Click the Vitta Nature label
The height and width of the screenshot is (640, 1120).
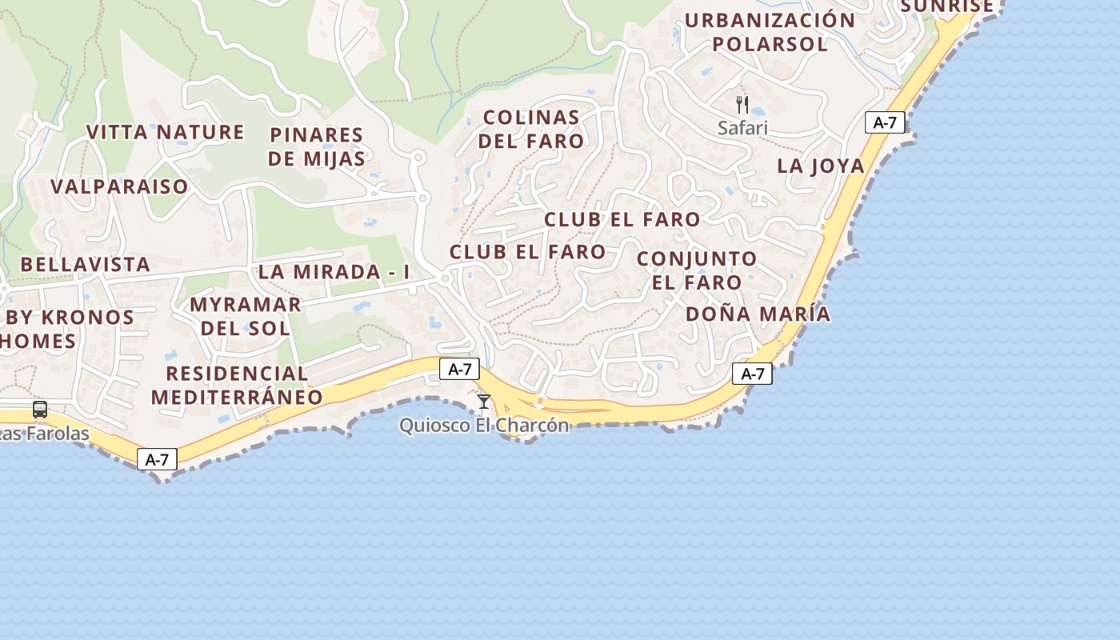click(165, 132)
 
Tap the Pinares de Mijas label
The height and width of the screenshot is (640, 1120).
click(317, 146)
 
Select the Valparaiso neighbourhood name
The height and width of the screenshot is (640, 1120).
click(119, 186)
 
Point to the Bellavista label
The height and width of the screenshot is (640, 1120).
click(85, 264)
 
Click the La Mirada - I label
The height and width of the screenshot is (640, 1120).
click(334, 271)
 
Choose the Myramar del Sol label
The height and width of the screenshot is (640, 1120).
click(245, 316)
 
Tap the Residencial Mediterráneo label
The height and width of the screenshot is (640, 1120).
click(237, 385)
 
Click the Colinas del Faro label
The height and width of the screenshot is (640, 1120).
click(531, 129)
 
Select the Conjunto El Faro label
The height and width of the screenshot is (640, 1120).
click(697, 270)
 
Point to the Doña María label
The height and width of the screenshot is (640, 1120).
click(758, 314)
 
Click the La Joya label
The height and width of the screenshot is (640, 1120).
click(821, 166)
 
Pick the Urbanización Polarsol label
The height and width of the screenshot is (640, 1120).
click(770, 32)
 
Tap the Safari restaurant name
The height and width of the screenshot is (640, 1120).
click(742, 128)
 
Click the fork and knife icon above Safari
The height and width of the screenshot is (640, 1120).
click(742, 104)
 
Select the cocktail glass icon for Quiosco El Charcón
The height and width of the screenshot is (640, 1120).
click(483, 402)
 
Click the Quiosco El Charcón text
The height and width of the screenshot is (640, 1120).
click(484, 425)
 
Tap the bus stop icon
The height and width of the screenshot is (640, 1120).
click(40, 410)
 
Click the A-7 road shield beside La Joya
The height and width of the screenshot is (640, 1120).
click(885, 122)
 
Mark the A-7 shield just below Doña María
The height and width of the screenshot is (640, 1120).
click(752, 374)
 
